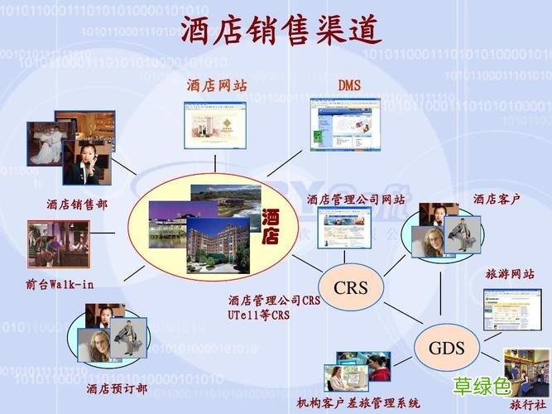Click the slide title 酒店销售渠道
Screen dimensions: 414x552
[x=281, y=31]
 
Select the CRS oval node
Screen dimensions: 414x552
[x=350, y=288]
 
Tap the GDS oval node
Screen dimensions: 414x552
[x=446, y=347]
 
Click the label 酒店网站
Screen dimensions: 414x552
[x=216, y=85]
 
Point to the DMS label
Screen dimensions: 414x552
[x=349, y=85]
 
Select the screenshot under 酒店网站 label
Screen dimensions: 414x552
[x=218, y=125]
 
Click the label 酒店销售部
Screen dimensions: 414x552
[x=77, y=203]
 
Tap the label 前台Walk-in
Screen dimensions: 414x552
[x=60, y=284]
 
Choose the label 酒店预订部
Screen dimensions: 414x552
[x=117, y=388]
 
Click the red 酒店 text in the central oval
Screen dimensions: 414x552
[x=271, y=228]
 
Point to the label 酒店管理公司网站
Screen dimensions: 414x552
[x=356, y=200]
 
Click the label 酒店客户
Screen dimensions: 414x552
[x=497, y=199]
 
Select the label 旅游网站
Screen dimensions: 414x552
[x=509, y=274]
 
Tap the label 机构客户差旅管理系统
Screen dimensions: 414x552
[x=358, y=403]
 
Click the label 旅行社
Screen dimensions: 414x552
[x=527, y=405]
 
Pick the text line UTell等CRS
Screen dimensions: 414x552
[x=259, y=315]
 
